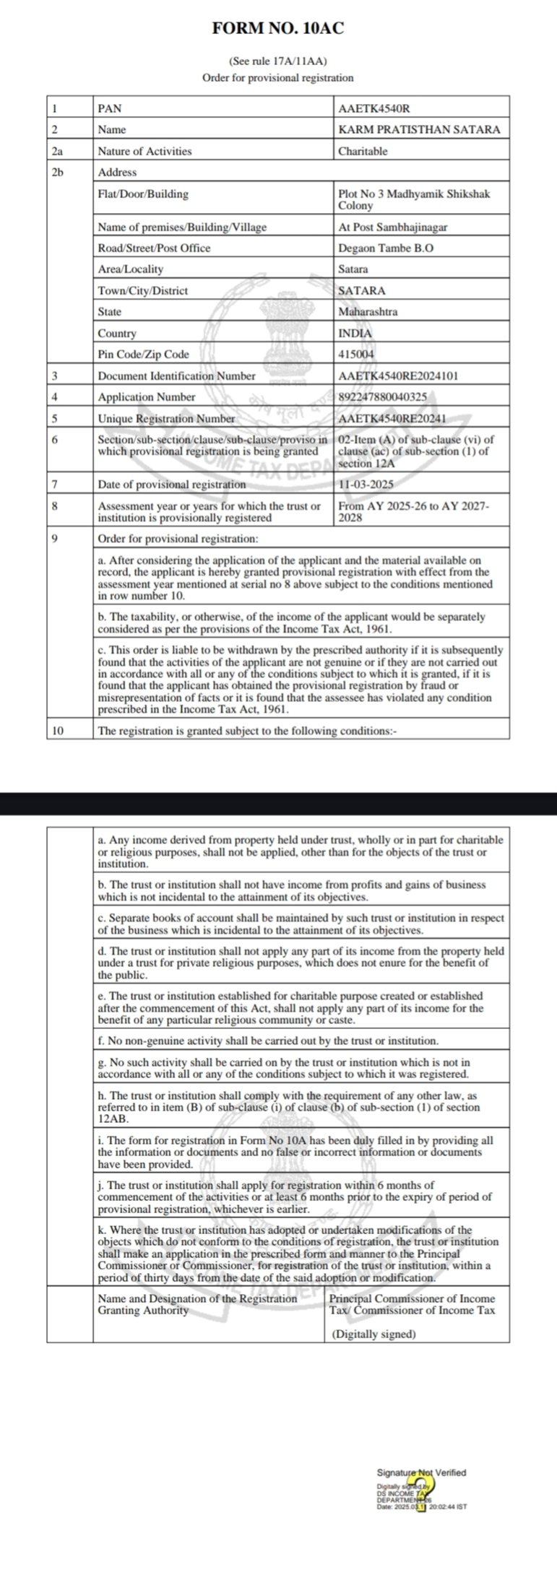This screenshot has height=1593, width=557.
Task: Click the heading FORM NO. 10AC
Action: [278, 28]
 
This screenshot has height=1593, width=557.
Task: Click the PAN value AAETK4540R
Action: [374, 108]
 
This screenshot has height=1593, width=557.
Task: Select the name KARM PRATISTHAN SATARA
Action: [419, 130]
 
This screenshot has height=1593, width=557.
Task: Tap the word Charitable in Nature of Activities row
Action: [363, 152]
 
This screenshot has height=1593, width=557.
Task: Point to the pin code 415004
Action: [356, 355]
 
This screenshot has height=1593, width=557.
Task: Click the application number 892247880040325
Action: [381, 397]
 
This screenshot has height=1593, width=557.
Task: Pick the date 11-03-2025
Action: [366, 484]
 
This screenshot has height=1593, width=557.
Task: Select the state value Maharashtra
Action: [368, 312]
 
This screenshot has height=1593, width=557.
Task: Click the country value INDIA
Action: [355, 334]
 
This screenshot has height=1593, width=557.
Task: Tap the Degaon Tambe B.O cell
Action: [376, 248]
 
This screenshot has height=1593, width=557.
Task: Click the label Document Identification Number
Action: [176, 376]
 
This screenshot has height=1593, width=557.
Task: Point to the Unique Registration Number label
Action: [166, 419]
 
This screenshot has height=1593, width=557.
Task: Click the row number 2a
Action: [57, 152]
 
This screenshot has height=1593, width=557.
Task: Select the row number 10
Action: [58, 730]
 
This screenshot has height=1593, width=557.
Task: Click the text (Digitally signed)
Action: [374, 1334]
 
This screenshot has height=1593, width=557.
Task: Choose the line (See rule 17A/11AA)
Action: [278, 62]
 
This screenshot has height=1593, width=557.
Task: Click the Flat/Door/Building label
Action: [143, 194]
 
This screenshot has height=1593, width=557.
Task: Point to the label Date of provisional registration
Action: [171, 484]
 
